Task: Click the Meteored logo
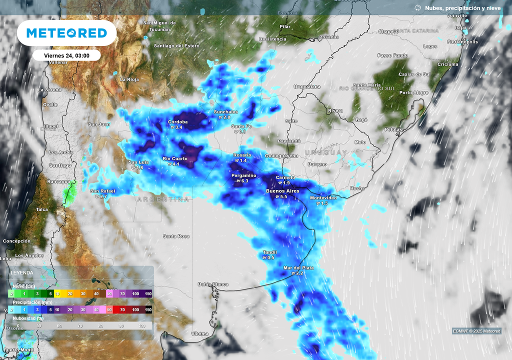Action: click(66, 33)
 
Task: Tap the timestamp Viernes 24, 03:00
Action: click(66, 55)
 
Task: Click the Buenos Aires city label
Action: click(282, 191)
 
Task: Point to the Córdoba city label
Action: click(177, 121)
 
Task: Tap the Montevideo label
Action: click(323, 197)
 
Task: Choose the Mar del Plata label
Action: click(298, 268)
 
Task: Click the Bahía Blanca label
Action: click(213, 284)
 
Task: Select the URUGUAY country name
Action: click(325, 152)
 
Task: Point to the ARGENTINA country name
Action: click(163, 199)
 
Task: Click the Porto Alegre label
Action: click(413, 92)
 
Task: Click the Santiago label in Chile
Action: click(59, 165)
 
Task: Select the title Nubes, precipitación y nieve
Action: click(462, 8)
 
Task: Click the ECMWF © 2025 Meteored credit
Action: click(476, 331)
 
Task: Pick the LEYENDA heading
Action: click(22, 273)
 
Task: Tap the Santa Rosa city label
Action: click(176, 236)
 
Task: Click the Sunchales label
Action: click(225, 111)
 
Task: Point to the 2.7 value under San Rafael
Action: click(103, 196)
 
